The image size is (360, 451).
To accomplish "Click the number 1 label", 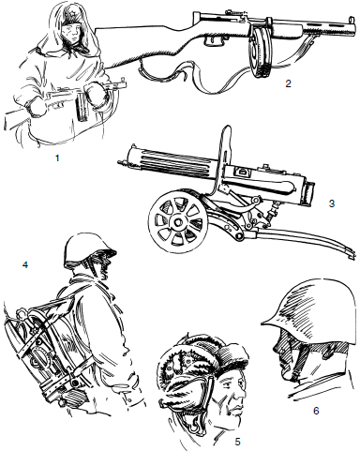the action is [57, 158].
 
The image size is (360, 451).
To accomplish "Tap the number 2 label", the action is [288, 83].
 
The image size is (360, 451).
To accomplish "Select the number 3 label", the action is [332, 203].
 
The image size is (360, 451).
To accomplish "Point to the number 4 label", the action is [25, 265].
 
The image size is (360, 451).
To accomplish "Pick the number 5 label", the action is [238, 442].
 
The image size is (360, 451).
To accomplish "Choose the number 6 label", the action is [316, 411].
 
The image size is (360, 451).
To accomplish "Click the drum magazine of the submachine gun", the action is [260, 52].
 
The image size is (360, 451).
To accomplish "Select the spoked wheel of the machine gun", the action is [177, 221].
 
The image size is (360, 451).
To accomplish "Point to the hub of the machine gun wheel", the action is [178, 222].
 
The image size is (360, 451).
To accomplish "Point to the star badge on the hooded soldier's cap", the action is [68, 13].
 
